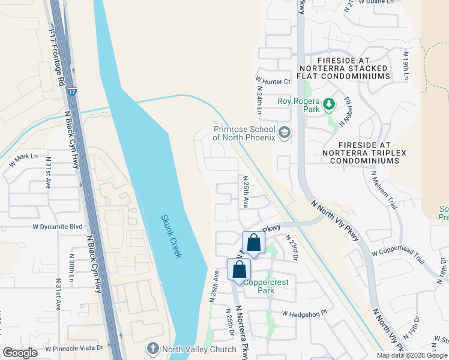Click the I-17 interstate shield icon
tap(72, 91)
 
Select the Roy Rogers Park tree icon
tap(328, 104)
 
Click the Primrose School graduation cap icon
tap(285, 132)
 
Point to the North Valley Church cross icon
tap(152, 349)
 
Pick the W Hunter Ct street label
tap(273, 80)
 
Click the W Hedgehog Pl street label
tap(306, 313)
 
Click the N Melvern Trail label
tap(385, 190)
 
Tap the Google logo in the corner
tap(20, 353)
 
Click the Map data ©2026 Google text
tap(412, 355)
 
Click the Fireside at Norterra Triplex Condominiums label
tap(372, 153)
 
